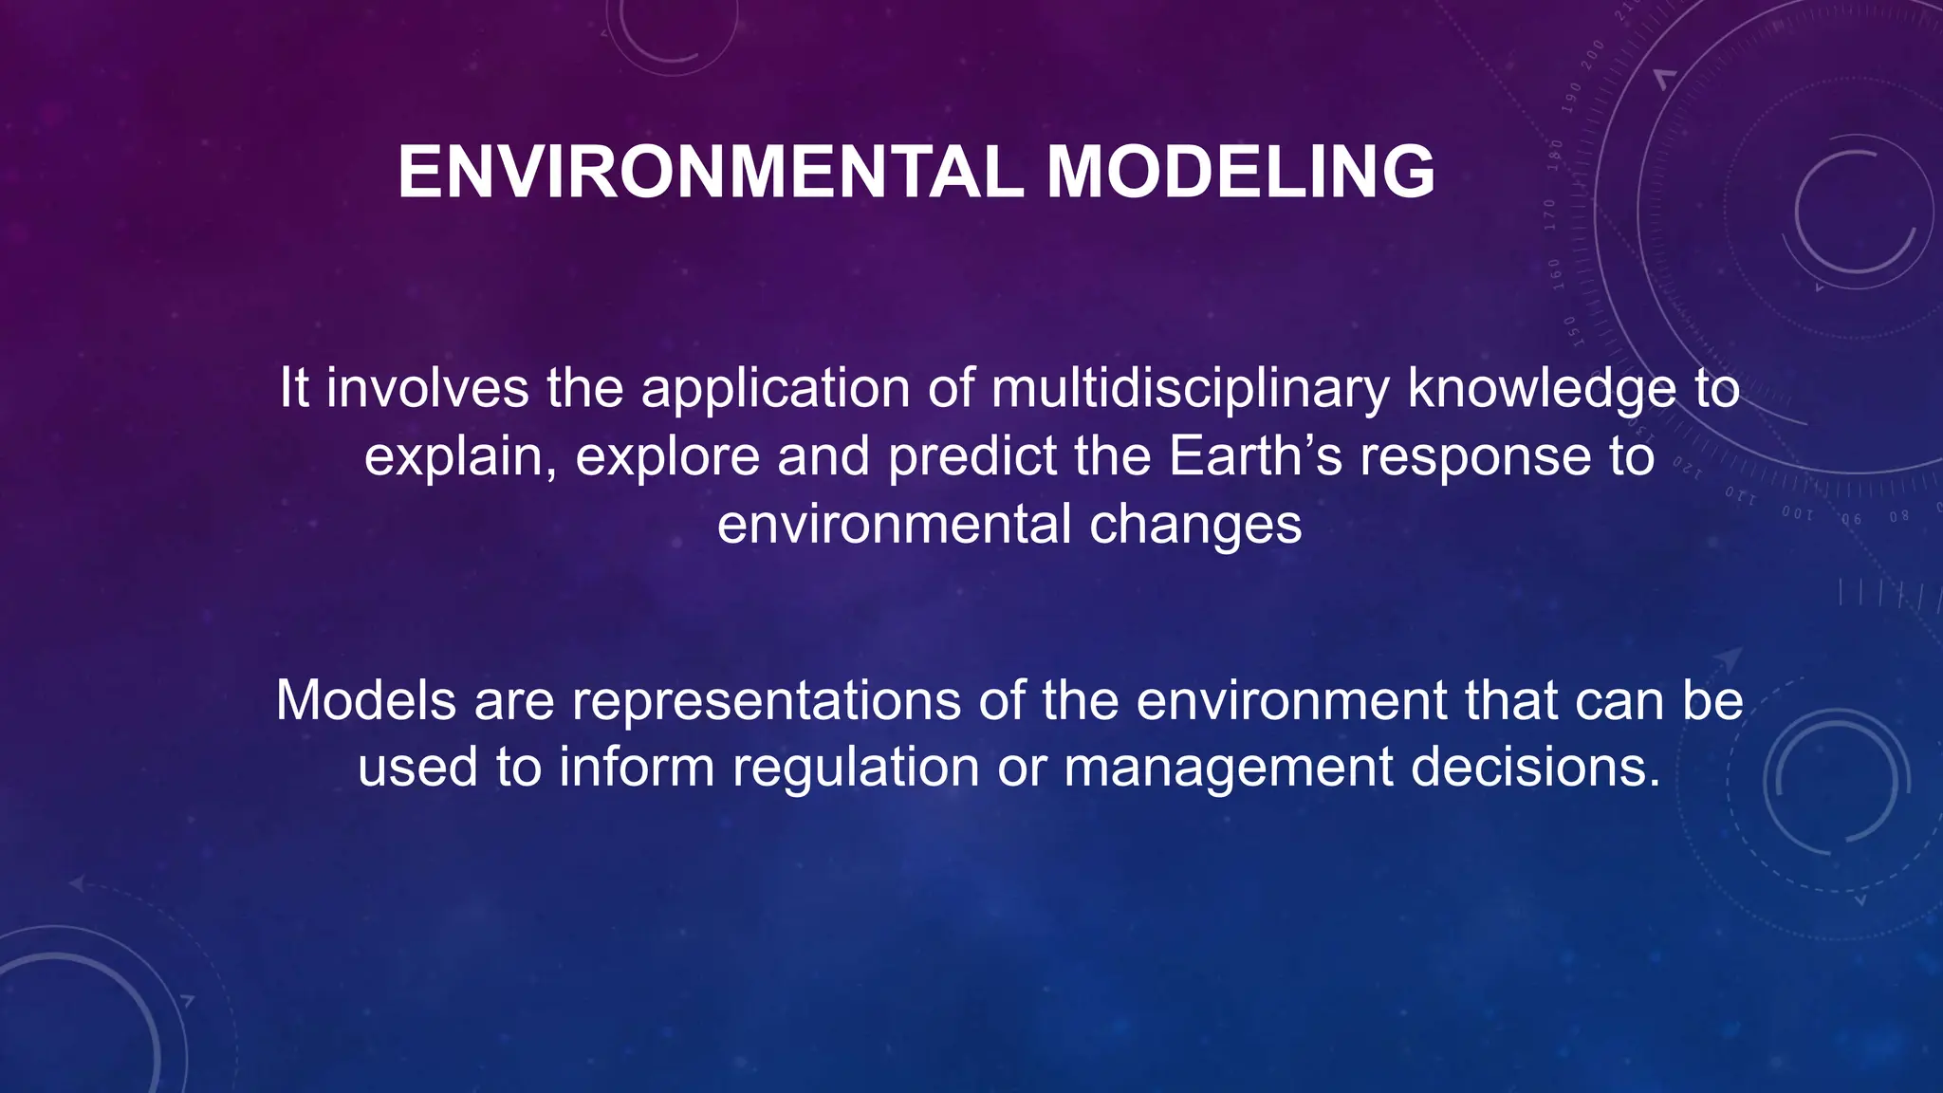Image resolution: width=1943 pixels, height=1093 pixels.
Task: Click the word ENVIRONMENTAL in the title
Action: tap(711, 173)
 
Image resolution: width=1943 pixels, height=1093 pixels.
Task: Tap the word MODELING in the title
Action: tap(1240, 173)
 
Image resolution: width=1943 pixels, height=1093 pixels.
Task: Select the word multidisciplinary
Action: tap(1190, 389)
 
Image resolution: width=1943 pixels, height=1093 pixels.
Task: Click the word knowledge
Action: tap(1543, 389)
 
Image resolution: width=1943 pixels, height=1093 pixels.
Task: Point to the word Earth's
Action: tap(1255, 456)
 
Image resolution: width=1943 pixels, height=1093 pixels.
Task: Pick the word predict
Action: tap(972, 456)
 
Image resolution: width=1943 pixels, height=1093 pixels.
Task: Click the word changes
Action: tap(1195, 525)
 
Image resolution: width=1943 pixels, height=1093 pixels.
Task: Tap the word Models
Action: tap(366, 700)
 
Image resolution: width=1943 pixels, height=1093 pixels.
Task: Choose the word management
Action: tap(1229, 767)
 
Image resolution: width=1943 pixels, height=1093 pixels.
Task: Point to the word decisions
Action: tap(1536, 767)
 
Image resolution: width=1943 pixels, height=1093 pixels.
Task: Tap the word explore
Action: tap(667, 456)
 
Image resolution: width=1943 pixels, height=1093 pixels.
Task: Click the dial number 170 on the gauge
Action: tap(1550, 215)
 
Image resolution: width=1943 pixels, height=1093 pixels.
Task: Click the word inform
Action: tap(637, 767)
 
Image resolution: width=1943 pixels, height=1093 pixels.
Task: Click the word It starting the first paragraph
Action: tap(294, 389)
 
